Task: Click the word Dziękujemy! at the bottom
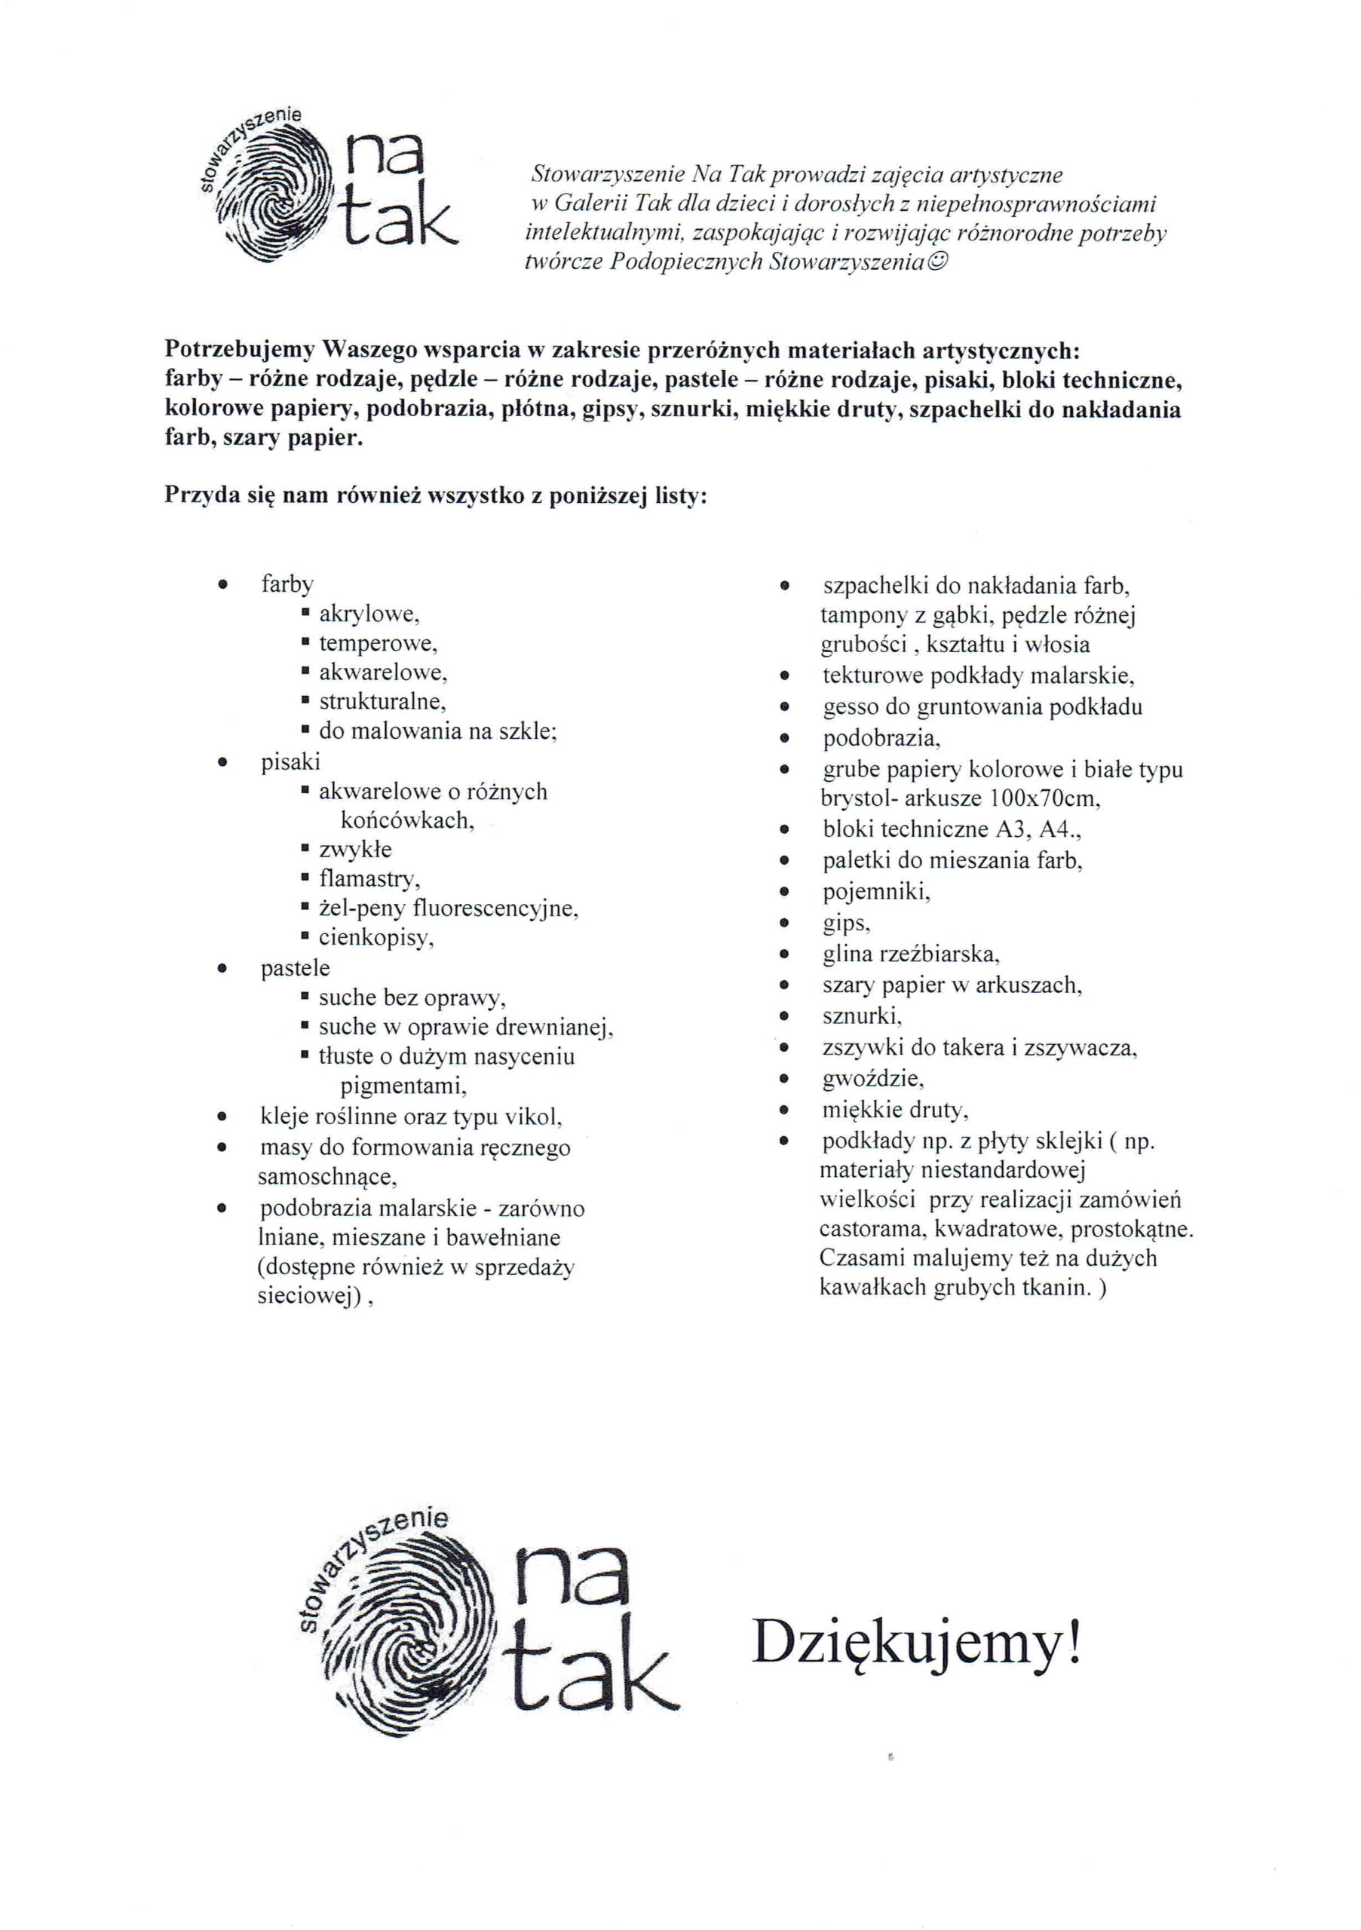915,1644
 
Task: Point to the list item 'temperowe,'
379,644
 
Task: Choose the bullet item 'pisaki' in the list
290,761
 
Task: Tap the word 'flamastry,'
369,879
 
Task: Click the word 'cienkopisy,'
376,937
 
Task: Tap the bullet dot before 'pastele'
222,970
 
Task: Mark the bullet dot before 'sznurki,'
784,1017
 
